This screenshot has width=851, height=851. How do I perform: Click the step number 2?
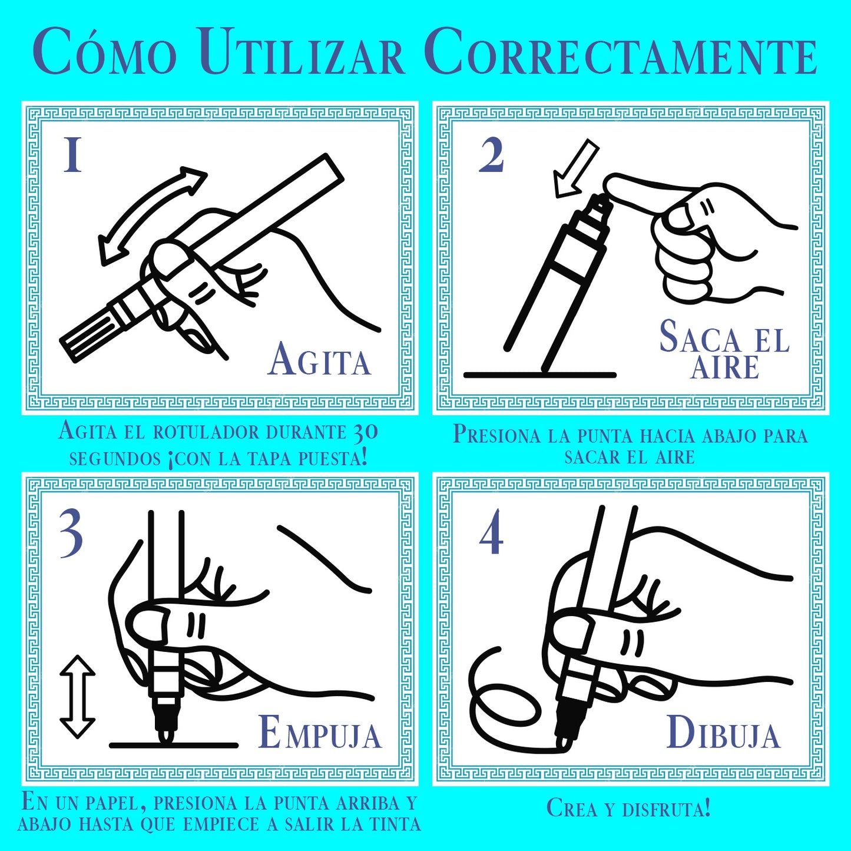[x=491, y=155]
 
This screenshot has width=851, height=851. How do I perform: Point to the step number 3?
[x=71, y=533]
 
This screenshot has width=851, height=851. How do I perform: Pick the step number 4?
[x=491, y=532]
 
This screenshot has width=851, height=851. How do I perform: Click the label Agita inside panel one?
[x=319, y=359]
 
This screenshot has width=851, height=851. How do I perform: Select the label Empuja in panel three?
[x=320, y=733]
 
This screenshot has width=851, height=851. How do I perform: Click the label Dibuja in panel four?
[x=723, y=733]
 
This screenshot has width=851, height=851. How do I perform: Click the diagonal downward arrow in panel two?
[x=575, y=167]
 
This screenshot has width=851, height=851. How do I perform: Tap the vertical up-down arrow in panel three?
[x=78, y=697]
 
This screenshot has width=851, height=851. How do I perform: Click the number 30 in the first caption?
[x=365, y=432]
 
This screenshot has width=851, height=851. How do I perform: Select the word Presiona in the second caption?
[x=496, y=435]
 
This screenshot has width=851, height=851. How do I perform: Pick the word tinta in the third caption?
[x=394, y=824]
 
